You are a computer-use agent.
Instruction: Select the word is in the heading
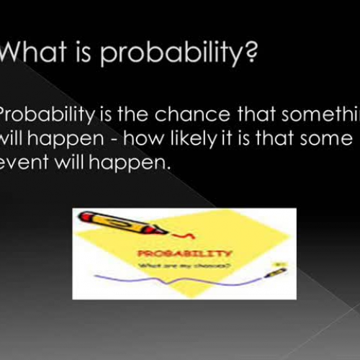(94, 55)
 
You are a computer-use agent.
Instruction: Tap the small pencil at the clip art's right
(277, 272)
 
